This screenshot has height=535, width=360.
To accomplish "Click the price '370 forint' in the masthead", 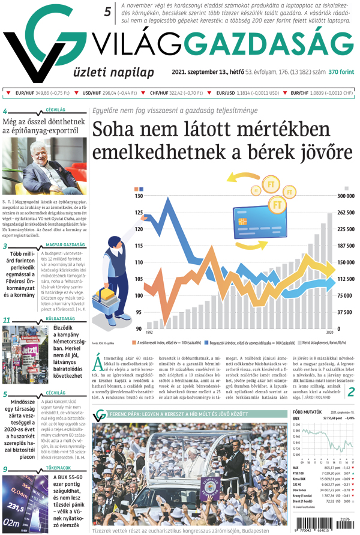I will [x=341, y=72].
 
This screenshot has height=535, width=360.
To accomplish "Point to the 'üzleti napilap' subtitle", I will [x=115, y=72].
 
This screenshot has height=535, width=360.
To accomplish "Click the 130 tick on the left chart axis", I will [x=139, y=196].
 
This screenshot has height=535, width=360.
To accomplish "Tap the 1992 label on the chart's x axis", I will [x=149, y=332].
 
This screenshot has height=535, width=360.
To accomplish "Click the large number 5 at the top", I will [x=108, y=11].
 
